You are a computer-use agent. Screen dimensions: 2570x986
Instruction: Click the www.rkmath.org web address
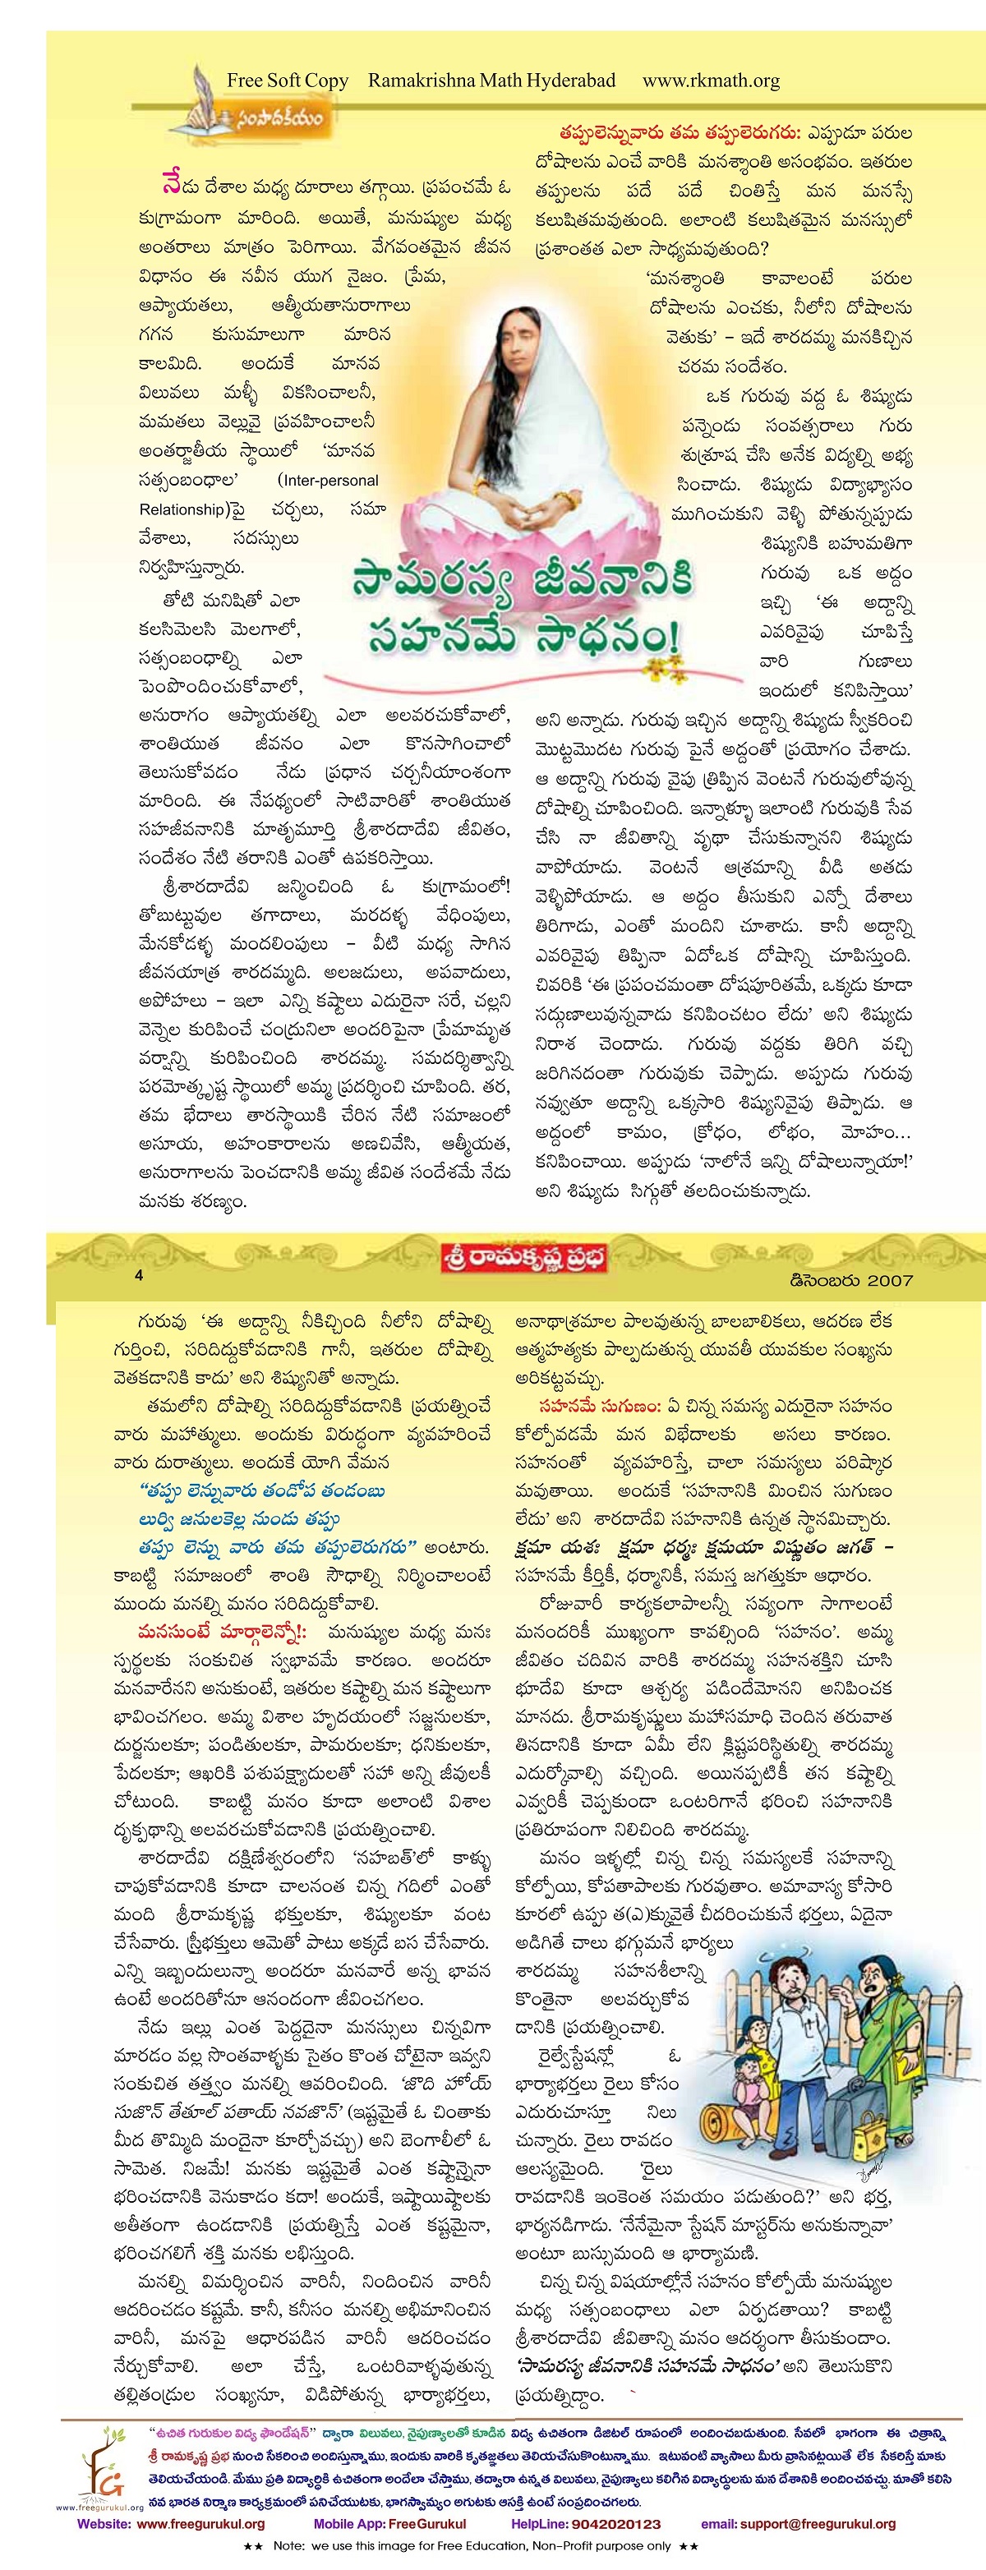point(711,81)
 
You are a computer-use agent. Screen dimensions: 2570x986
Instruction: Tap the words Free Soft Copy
point(288,81)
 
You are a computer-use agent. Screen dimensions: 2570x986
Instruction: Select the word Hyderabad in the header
point(564,81)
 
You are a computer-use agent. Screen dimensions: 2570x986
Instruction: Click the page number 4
point(140,1275)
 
